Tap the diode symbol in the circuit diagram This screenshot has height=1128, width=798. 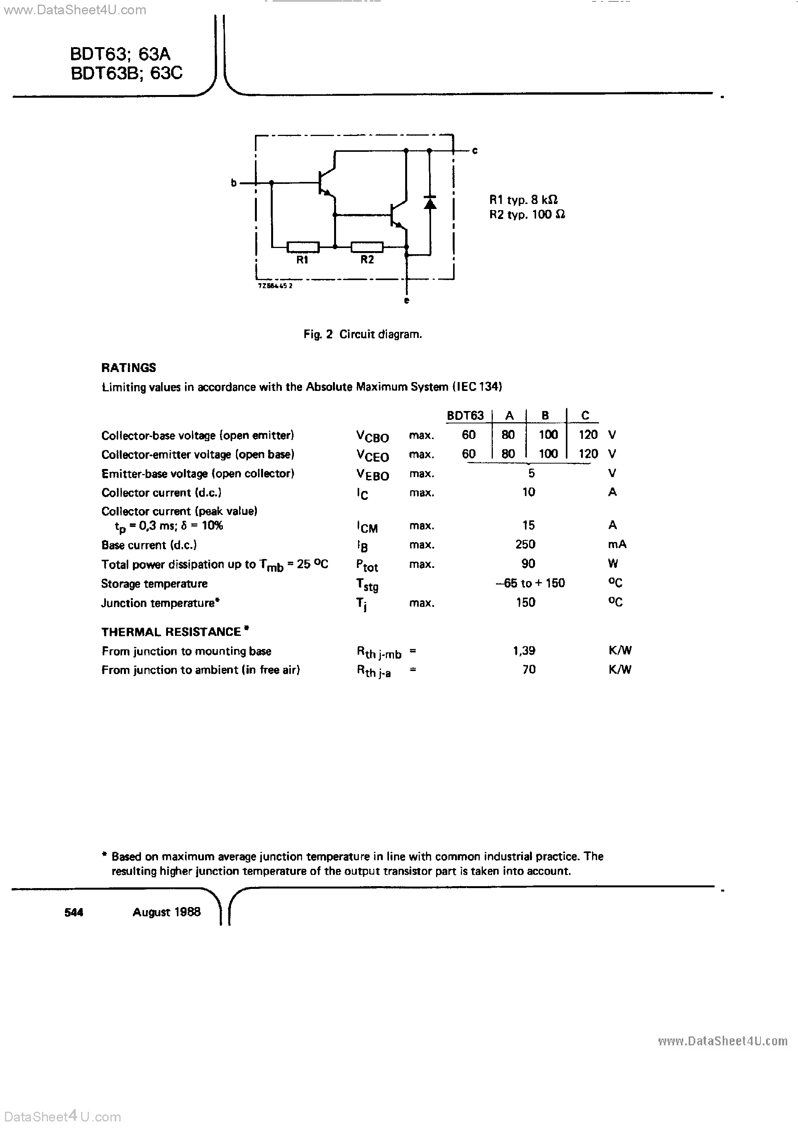point(430,202)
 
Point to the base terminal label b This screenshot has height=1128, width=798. point(234,183)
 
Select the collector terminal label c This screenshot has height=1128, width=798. point(475,151)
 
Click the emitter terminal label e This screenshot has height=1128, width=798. point(406,301)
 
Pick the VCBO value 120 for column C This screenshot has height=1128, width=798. point(588,435)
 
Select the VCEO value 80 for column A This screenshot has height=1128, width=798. point(508,454)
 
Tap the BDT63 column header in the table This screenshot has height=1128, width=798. point(465,416)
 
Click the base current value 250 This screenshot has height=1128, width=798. point(525,544)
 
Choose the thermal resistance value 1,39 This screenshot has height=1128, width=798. point(524,651)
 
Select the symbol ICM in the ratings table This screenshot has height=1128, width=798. point(367,527)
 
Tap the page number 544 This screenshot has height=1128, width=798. point(74,912)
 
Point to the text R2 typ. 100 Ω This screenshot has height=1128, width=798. point(527,215)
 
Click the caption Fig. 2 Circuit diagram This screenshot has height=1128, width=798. point(363,335)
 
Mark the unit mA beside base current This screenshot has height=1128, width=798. point(617,544)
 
